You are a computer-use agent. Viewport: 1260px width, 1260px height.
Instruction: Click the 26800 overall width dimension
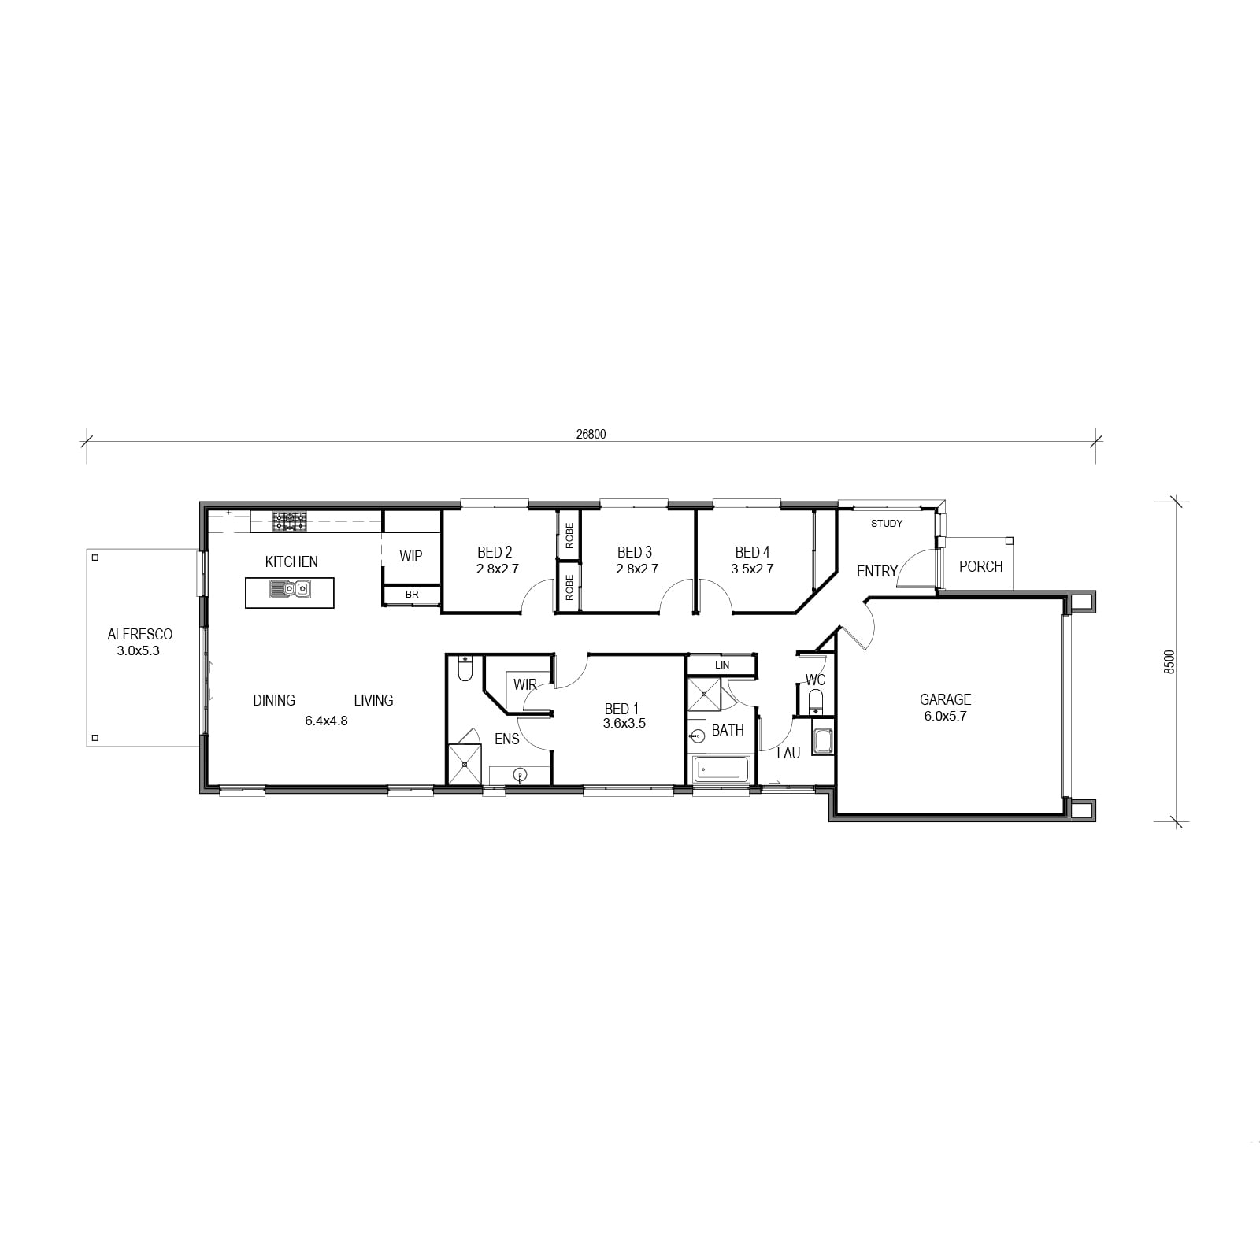(591, 434)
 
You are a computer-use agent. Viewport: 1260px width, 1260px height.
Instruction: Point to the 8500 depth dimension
(1169, 661)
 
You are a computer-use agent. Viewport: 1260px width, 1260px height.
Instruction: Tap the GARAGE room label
(945, 699)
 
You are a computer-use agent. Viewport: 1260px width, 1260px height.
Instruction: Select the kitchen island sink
(290, 588)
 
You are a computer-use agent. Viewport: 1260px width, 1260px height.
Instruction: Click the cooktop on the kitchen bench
(290, 521)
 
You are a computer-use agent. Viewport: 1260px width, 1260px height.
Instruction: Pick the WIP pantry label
(410, 556)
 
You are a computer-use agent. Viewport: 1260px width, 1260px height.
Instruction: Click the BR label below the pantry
(412, 595)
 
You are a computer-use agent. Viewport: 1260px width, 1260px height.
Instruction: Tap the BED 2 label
(495, 552)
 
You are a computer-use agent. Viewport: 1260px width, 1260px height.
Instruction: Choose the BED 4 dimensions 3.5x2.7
(752, 568)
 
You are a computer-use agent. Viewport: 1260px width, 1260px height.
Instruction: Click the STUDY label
(887, 523)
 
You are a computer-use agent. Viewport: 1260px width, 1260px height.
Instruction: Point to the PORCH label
(980, 566)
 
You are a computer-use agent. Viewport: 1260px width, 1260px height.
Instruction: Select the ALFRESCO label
(140, 634)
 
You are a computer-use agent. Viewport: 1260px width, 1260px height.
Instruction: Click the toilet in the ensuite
(465, 669)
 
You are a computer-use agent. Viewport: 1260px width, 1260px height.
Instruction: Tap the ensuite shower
(464, 764)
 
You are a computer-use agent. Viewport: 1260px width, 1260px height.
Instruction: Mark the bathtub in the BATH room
(721, 769)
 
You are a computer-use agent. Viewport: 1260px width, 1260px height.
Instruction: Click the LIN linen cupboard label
(722, 665)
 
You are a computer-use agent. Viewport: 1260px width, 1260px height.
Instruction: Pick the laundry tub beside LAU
(823, 741)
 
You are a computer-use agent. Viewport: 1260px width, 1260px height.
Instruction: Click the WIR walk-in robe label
(524, 684)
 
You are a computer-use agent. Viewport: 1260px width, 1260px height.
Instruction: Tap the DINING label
(274, 700)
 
